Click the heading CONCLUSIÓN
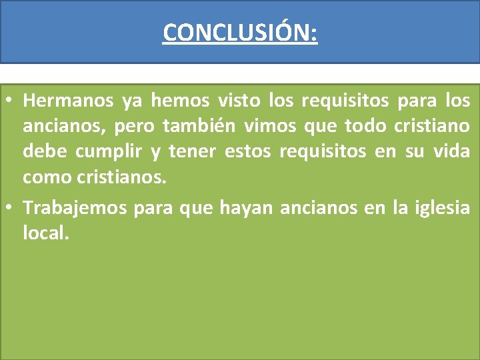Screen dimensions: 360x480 240,32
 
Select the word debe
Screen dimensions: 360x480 44,151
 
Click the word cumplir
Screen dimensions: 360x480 109,152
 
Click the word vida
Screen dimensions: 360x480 452,151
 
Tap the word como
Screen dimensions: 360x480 45,177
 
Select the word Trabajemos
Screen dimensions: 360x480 75,209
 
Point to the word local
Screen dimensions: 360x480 45,234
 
